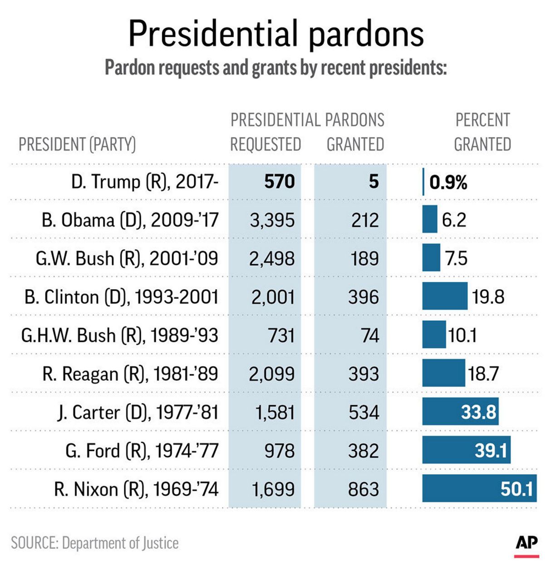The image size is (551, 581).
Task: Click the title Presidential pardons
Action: (275, 34)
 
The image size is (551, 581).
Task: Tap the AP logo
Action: (526, 543)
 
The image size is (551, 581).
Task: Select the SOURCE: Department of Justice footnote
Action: (95, 543)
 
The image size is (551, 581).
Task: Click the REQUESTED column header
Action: (266, 144)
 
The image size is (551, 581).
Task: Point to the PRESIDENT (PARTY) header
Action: (77, 144)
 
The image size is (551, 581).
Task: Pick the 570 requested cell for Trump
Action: (280, 182)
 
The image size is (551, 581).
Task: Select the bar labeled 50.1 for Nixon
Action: (479, 488)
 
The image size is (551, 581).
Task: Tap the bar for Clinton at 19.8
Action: (445, 296)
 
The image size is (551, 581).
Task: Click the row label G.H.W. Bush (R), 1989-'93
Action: (120, 335)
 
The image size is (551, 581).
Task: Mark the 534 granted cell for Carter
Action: (364, 412)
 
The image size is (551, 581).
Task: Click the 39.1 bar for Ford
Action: (466, 450)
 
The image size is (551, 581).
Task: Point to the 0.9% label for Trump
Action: (448, 182)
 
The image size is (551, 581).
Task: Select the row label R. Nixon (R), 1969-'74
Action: (136, 489)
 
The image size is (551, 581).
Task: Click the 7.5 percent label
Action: (456, 258)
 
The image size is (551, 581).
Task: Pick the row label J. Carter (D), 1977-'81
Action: (138, 412)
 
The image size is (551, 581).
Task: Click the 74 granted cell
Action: (370, 335)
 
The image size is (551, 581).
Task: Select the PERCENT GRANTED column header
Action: (482, 132)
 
